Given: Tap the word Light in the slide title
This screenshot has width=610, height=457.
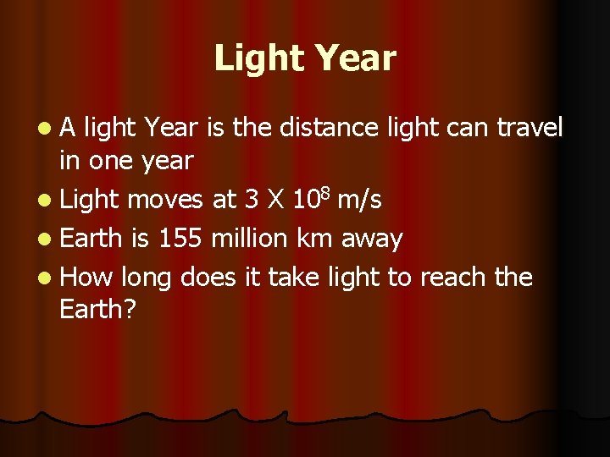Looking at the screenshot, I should pyautogui.click(x=261, y=58).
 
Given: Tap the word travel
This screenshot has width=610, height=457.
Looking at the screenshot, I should pyautogui.click(x=530, y=128).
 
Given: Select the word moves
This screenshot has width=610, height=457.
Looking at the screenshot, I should pyautogui.click(x=166, y=200).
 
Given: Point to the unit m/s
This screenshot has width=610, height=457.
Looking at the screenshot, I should pyautogui.click(x=359, y=201).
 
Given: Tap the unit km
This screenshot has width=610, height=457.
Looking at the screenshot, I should pyautogui.click(x=314, y=239).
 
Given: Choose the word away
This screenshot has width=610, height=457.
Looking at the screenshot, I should pyautogui.click(x=372, y=240).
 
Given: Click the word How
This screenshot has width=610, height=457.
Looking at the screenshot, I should pyautogui.click(x=87, y=278).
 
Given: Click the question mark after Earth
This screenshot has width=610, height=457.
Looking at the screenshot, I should pyautogui.click(x=129, y=309).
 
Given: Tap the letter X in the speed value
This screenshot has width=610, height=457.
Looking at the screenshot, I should pyautogui.click(x=275, y=200).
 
